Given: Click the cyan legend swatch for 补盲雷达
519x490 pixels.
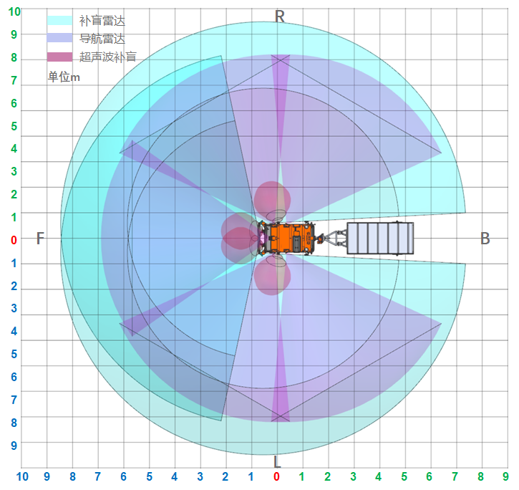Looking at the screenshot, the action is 59,21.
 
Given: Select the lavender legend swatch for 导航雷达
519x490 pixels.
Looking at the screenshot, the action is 59,38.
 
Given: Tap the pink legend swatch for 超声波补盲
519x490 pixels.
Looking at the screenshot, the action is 59,57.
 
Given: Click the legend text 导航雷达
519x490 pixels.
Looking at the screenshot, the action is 102,39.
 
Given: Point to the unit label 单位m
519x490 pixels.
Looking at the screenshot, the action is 64,77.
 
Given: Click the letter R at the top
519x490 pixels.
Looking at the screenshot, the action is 280,16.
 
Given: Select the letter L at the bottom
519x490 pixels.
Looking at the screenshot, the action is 277,461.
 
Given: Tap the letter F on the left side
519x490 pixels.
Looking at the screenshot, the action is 40,239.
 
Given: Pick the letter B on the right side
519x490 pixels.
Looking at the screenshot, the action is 485,239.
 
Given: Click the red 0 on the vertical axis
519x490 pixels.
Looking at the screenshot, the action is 14,239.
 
